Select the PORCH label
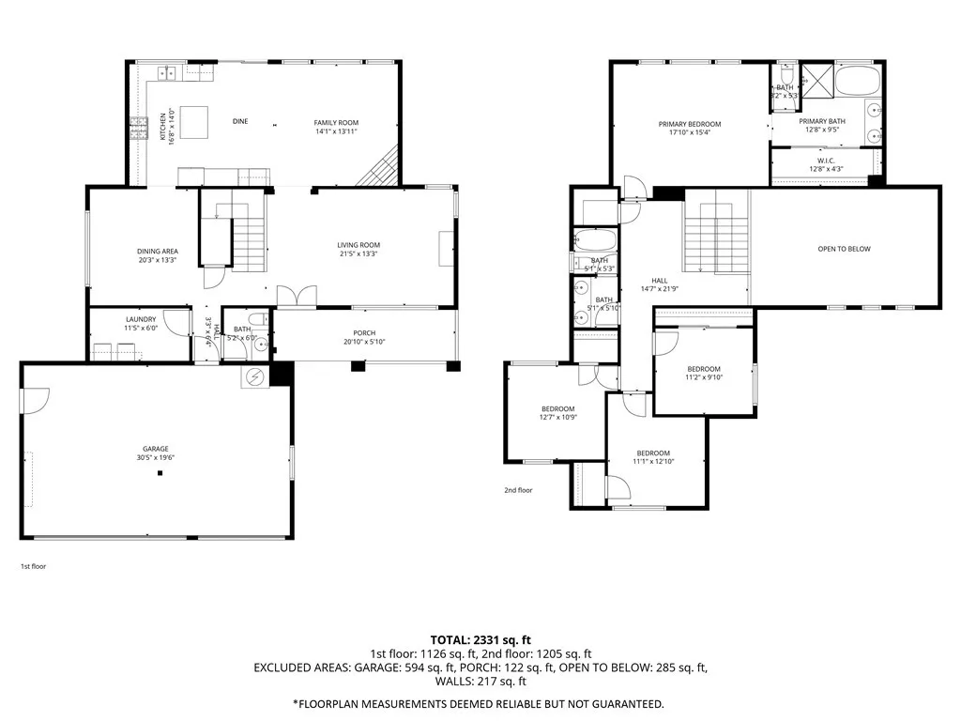364,335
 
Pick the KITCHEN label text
162,126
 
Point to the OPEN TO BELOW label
845,249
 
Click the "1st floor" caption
33,567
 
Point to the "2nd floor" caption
518,490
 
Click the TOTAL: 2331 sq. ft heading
480,638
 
